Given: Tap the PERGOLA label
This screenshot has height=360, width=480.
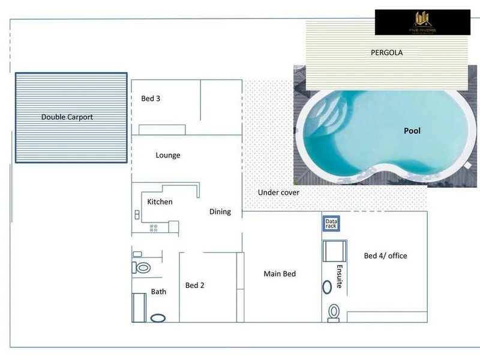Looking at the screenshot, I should pos(386,53).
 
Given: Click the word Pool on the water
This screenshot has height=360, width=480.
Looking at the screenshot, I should pos(412,131).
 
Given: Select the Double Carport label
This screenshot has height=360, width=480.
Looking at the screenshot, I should pos(67,117).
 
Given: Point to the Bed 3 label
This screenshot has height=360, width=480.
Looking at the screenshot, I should pos(151,98).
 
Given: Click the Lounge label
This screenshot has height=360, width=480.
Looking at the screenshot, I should pos(168,155).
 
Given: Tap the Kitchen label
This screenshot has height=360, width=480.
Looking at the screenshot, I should pos(160,202).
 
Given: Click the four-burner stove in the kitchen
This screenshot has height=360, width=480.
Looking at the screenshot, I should pos(153,227).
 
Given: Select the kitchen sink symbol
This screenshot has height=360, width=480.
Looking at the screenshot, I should pos(137,214).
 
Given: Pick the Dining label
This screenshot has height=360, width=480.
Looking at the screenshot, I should pos(220,211).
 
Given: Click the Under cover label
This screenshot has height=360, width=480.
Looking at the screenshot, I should pos(278,193).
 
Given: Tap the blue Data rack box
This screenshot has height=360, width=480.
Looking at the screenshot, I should pos(331,224).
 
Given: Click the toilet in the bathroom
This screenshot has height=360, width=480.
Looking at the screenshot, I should pos(143,267).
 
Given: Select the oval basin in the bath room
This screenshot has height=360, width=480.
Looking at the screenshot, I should pos(158,318).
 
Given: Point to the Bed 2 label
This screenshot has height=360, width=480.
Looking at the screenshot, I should pos(195,286).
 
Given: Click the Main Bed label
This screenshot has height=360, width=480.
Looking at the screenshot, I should pos(280,274).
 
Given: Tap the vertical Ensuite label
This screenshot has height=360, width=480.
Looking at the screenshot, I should pos(339,276).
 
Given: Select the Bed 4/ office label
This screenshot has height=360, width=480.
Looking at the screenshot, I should pos(385,256).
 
